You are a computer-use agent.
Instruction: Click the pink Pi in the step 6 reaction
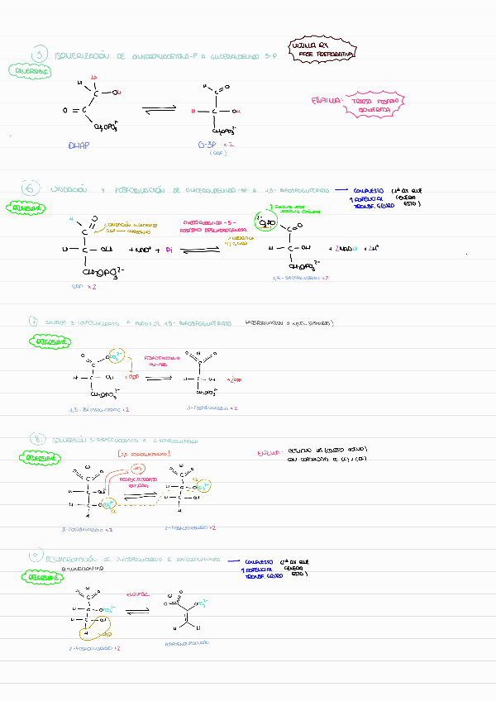coord(169,249)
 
